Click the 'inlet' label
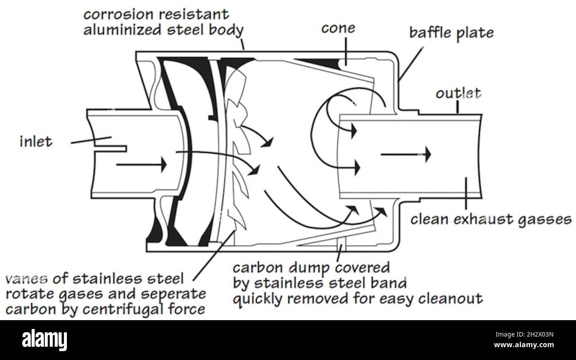click(36, 141)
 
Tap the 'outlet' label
click(458, 93)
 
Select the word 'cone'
click(338, 28)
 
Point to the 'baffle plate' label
click(451, 33)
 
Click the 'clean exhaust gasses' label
click(490, 220)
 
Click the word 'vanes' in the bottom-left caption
click(27, 279)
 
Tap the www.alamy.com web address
click(524, 345)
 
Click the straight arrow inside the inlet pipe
click(142, 164)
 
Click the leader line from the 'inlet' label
click(91, 140)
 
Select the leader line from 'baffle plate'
click(410, 64)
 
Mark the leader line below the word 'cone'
click(346, 51)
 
